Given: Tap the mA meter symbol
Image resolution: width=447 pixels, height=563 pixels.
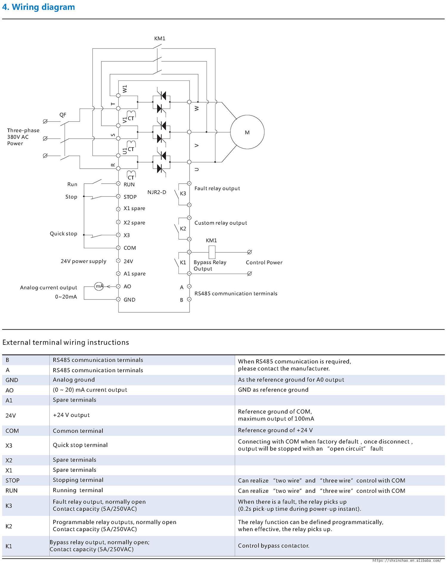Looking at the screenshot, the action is coord(99,286).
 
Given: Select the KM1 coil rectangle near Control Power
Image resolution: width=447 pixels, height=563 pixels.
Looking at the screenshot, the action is coord(212,252).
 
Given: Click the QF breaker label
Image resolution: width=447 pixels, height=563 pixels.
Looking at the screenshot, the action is coord(63,115).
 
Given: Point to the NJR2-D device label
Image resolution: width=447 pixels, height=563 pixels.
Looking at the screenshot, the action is coord(157,192).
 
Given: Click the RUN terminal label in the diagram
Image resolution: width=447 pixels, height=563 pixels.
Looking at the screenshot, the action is coord(129,184).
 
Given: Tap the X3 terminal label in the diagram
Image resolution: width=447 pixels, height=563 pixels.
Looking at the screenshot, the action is coord(127,235).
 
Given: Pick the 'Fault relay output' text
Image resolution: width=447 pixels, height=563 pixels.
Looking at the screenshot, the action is coord(217,188).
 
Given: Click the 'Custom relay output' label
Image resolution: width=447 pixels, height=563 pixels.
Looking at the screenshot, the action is coord(221,223).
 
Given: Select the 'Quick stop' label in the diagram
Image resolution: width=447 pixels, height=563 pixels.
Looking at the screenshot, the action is coord(63,234).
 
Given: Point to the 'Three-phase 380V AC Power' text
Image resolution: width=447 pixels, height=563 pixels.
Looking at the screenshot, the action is coord(23,137).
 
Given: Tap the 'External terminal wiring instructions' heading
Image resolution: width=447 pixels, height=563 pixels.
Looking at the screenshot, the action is coord(66,342).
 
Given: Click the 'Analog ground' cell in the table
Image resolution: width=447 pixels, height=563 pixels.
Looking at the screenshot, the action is coord(74,380).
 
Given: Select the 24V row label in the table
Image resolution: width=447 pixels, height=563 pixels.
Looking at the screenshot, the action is coord(11,415).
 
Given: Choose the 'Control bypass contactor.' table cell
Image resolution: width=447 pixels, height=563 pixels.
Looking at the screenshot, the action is coord(274,546).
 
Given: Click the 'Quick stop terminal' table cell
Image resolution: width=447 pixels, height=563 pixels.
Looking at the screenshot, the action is coord(80,445).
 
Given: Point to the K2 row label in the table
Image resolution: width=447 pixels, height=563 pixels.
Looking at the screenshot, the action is coord(9,526).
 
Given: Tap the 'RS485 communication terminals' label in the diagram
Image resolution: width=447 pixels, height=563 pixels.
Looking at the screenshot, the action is coord(236,294).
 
